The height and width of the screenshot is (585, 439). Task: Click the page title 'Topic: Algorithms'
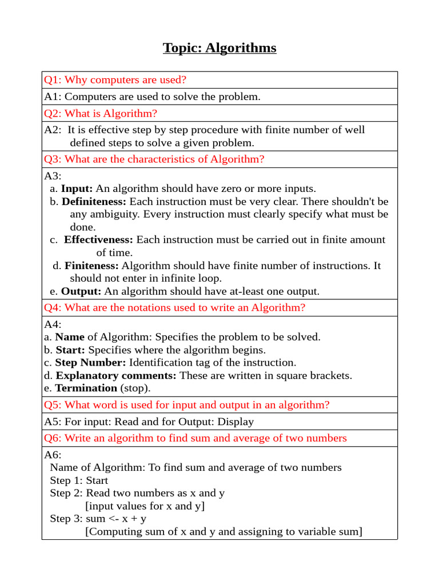tap(219, 48)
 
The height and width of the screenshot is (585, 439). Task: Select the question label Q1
tap(53, 80)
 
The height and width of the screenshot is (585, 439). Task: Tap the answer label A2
tap(53, 130)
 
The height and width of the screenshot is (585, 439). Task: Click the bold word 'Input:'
tap(77, 189)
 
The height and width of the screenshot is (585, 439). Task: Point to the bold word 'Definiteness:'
tap(94, 202)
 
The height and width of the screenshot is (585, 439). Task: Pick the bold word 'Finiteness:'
tap(91, 266)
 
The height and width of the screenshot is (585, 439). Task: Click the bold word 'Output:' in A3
tap(81, 291)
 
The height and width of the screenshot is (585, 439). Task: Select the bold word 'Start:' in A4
tap(70, 350)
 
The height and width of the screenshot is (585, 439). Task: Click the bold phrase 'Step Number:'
tap(90, 363)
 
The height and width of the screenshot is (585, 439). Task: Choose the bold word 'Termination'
tap(86, 388)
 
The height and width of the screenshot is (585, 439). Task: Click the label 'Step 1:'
tap(66, 480)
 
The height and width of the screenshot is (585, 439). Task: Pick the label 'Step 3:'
tap(66, 519)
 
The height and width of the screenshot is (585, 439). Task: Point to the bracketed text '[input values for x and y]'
tap(145, 506)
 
